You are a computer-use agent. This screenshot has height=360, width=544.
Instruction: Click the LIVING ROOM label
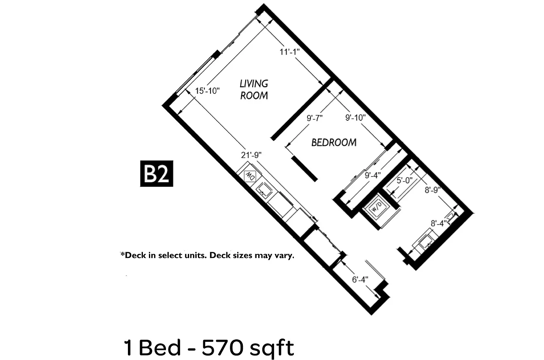point(254,89)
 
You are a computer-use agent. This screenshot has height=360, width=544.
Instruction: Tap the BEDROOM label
point(334,143)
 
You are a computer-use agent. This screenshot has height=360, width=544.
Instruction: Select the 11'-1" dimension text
point(289,52)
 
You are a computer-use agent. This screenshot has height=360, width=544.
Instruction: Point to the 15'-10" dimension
point(207,91)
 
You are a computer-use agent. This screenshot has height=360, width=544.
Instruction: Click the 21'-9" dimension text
point(251,155)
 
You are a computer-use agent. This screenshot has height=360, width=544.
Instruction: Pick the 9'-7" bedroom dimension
point(314,118)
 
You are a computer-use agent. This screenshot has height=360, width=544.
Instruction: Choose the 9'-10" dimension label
point(355,117)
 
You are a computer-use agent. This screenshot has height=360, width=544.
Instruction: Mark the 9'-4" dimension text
point(373,175)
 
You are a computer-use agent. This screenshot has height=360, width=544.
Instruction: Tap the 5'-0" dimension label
point(405,180)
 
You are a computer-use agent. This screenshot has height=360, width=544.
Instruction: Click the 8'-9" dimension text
point(433,190)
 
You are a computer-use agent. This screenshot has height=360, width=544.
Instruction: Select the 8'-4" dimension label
point(439,224)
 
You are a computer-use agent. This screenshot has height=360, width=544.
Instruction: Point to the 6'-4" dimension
point(360,279)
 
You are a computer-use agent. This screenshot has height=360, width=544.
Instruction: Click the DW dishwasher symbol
point(250,175)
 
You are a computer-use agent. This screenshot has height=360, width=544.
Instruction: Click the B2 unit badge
point(157,173)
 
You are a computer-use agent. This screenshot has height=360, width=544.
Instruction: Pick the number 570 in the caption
point(223,348)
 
